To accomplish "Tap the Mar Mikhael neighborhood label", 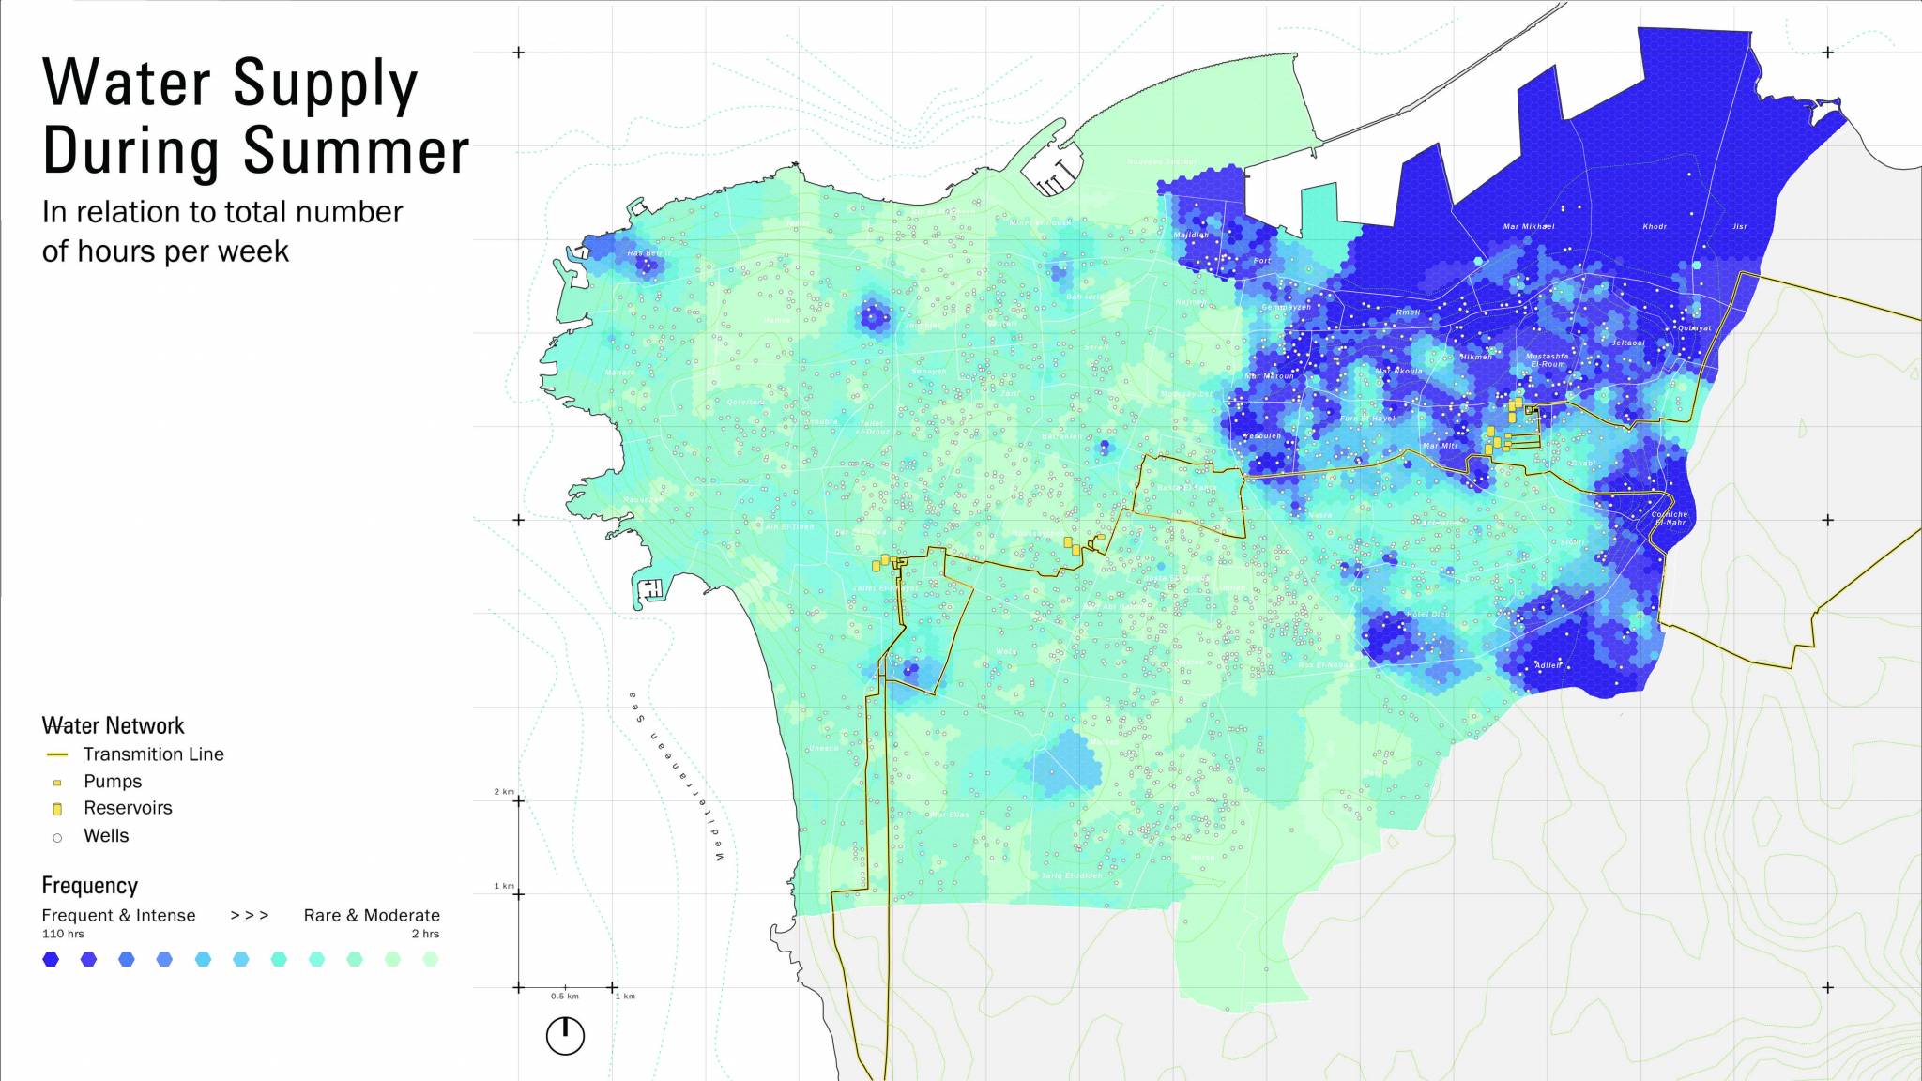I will pos(1528,226).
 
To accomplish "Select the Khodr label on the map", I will pos(1655,226).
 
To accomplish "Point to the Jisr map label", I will pos(1740,226).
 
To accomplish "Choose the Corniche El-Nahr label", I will pos(1670,518).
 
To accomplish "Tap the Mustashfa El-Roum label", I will pos(1547,359).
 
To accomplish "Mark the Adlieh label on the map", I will pos(1548,665).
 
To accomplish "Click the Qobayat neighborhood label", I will pos(1695,328).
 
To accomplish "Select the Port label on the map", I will pos(1262,261).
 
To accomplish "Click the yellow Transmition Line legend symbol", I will pos(57,754).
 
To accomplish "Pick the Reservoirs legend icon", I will pos(57,809).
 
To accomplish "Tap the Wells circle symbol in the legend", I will pos(57,837).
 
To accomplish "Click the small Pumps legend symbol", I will pos(57,782).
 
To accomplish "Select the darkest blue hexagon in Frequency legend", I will pos(51,959).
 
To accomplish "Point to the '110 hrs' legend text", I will pos(63,934).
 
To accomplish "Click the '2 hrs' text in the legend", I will pos(425,934).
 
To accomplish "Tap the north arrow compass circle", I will pos(565,1036).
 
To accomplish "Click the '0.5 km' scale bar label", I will pos(565,996).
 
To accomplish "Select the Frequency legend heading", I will pos(89,886).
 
